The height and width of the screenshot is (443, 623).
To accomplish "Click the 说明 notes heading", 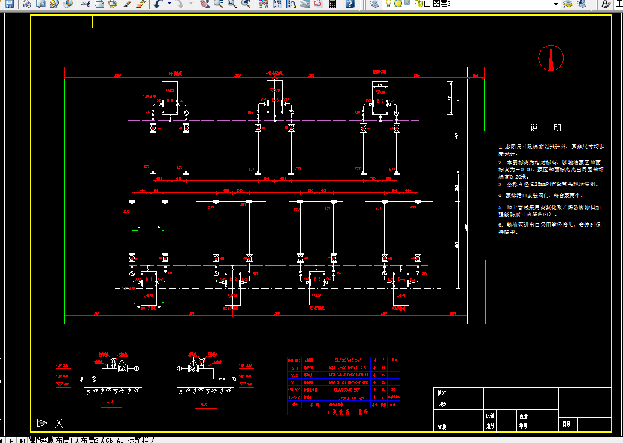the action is pos(545,128).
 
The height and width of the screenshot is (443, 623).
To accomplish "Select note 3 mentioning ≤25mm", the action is pos(548,185).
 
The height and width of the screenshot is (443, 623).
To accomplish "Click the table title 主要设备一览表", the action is pos(347,412).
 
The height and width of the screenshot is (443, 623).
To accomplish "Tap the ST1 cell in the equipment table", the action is pos(294,368).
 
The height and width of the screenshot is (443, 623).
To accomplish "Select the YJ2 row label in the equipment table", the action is pos(294,375).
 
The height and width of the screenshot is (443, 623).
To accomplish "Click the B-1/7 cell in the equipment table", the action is pos(294,397).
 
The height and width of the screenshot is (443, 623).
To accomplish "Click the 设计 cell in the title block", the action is pos(442,393).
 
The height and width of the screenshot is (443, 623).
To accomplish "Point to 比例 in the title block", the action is pos(490,415).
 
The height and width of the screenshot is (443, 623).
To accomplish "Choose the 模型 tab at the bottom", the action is pos(41,440).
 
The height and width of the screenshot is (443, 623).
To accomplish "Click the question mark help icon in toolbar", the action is pos(350,4).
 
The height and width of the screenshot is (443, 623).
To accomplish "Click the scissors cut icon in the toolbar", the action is pos(85,4).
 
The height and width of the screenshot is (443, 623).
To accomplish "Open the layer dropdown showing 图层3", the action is pos(557,4).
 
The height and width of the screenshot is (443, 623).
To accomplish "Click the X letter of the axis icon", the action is pos(59,423).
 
